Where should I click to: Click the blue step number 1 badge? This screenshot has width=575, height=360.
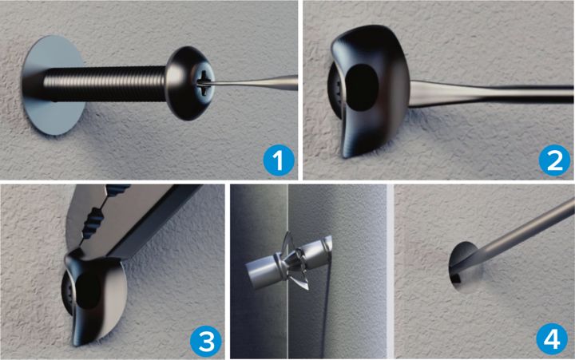[x=279, y=160]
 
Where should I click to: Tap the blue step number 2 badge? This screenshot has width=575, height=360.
[x=554, y=160]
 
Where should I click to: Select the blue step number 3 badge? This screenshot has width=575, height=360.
[x=206, y=342]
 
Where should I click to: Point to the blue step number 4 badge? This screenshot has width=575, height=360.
[x=552, y=339]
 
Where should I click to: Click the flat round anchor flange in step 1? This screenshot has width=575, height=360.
[x=54, y=85]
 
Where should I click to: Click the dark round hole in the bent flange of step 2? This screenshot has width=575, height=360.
[x=361, y=88]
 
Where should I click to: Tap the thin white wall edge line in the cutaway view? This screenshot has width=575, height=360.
[x=287, y=271]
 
